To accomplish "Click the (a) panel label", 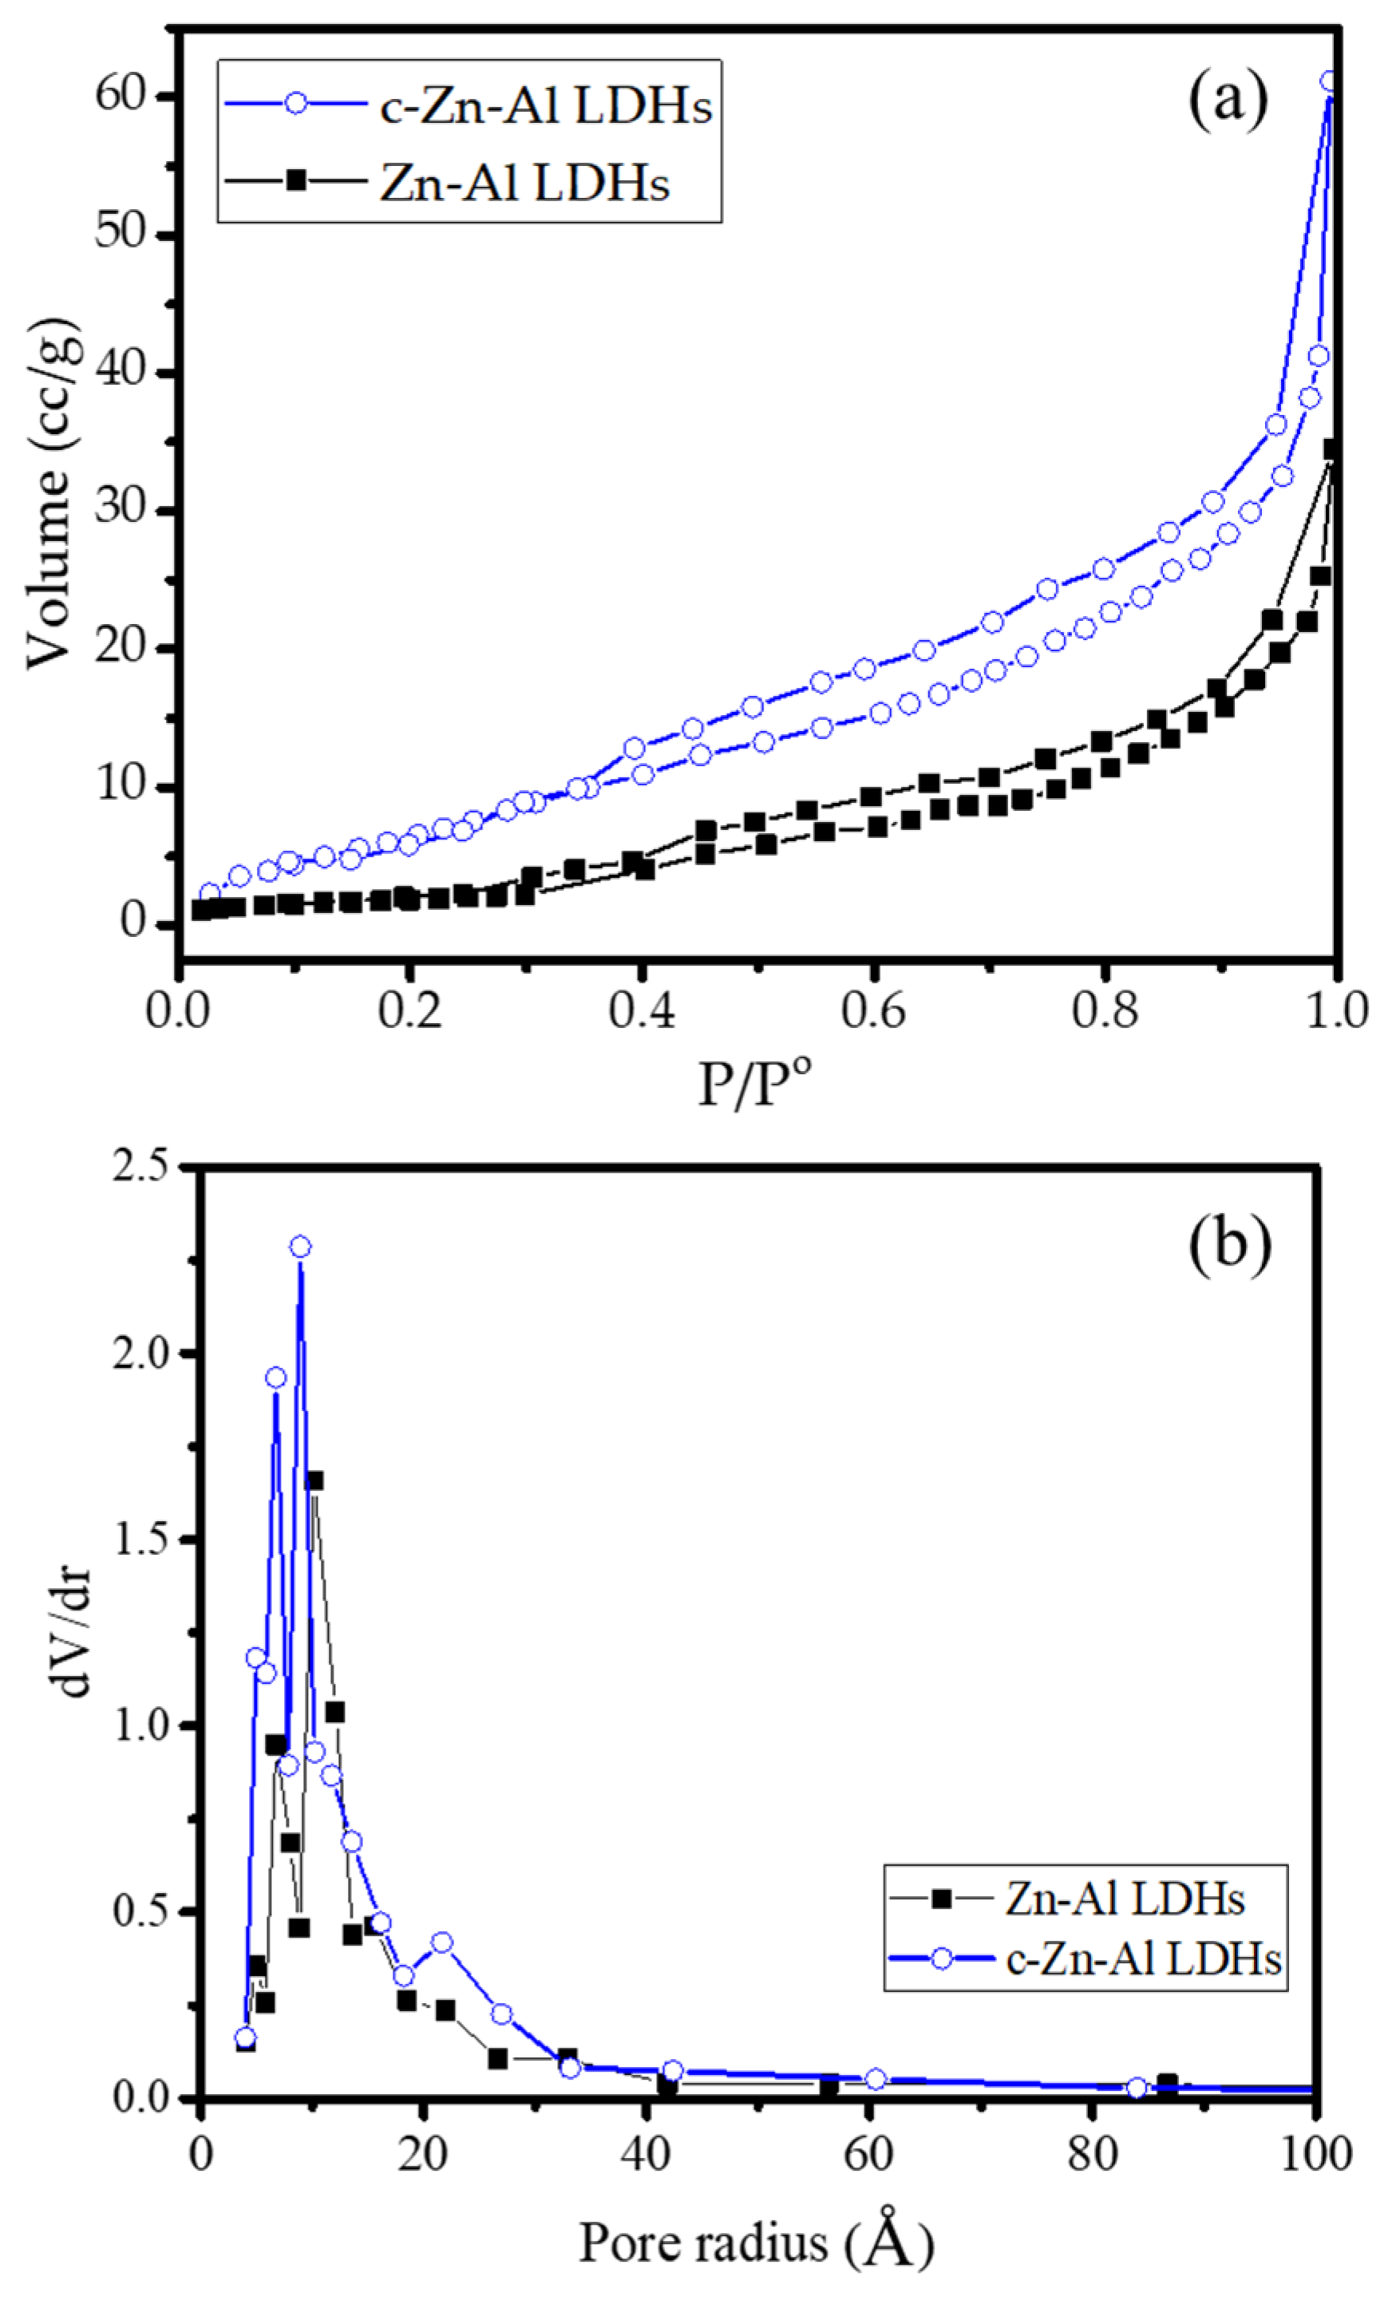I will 1228,100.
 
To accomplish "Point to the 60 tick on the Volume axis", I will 122,97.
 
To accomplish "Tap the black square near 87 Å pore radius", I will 1167,2085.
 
